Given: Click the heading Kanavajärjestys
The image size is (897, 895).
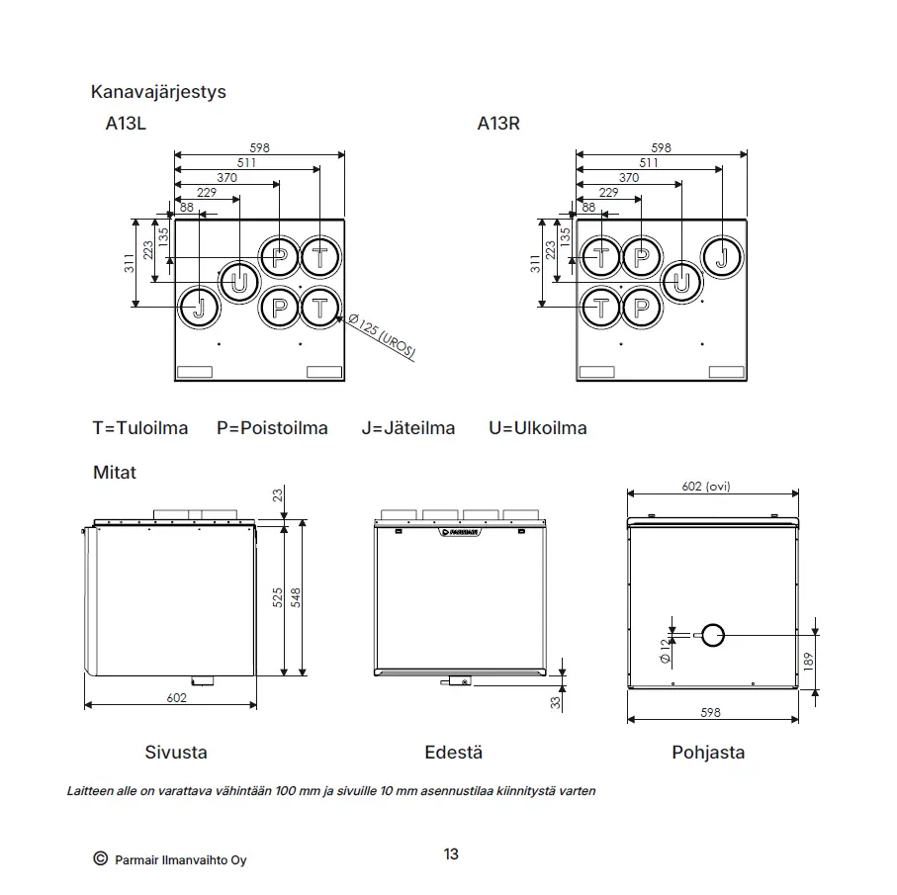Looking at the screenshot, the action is pos(158,92).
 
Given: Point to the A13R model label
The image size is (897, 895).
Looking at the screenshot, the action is pos(498,124).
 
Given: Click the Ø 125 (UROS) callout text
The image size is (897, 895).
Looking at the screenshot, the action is pos(382,336).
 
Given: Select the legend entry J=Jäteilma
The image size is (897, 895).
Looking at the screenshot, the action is pos(407,428).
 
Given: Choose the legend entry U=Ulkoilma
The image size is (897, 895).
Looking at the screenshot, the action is pos(538,428).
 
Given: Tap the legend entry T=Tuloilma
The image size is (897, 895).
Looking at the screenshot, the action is pos(140,428).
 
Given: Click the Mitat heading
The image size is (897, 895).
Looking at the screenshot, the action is pos(115,473).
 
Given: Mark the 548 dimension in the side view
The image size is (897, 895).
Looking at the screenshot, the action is pos(296,597).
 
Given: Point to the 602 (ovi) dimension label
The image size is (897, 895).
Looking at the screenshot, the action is pos(706,487).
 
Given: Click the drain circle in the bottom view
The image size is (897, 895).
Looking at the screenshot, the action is pos(713,635).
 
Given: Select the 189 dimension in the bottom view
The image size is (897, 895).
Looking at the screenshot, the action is pos(808,661).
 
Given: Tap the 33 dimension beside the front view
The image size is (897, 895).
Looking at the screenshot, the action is pos(556,702).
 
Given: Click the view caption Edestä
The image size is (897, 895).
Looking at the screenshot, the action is pos(454,752).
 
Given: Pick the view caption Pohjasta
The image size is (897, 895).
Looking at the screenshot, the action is pos(708,753).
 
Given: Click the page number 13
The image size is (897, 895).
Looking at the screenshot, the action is pos(451,854).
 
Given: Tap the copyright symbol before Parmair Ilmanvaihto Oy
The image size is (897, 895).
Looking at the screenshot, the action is pos(101,858).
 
